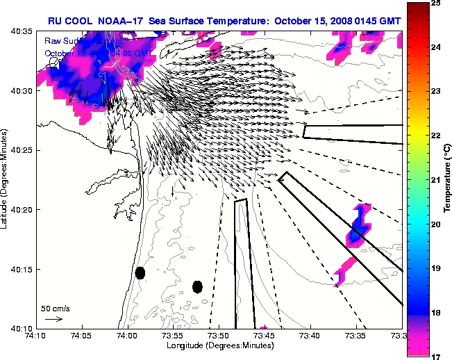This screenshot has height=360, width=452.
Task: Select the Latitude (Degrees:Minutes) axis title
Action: click(x=6, y=179)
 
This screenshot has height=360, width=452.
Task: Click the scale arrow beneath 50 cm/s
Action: click(x=53, y=319)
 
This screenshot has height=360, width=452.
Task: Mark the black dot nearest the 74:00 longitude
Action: click(x=140, y=272)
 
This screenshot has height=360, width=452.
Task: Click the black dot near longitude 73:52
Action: click(x=197, y=286)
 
